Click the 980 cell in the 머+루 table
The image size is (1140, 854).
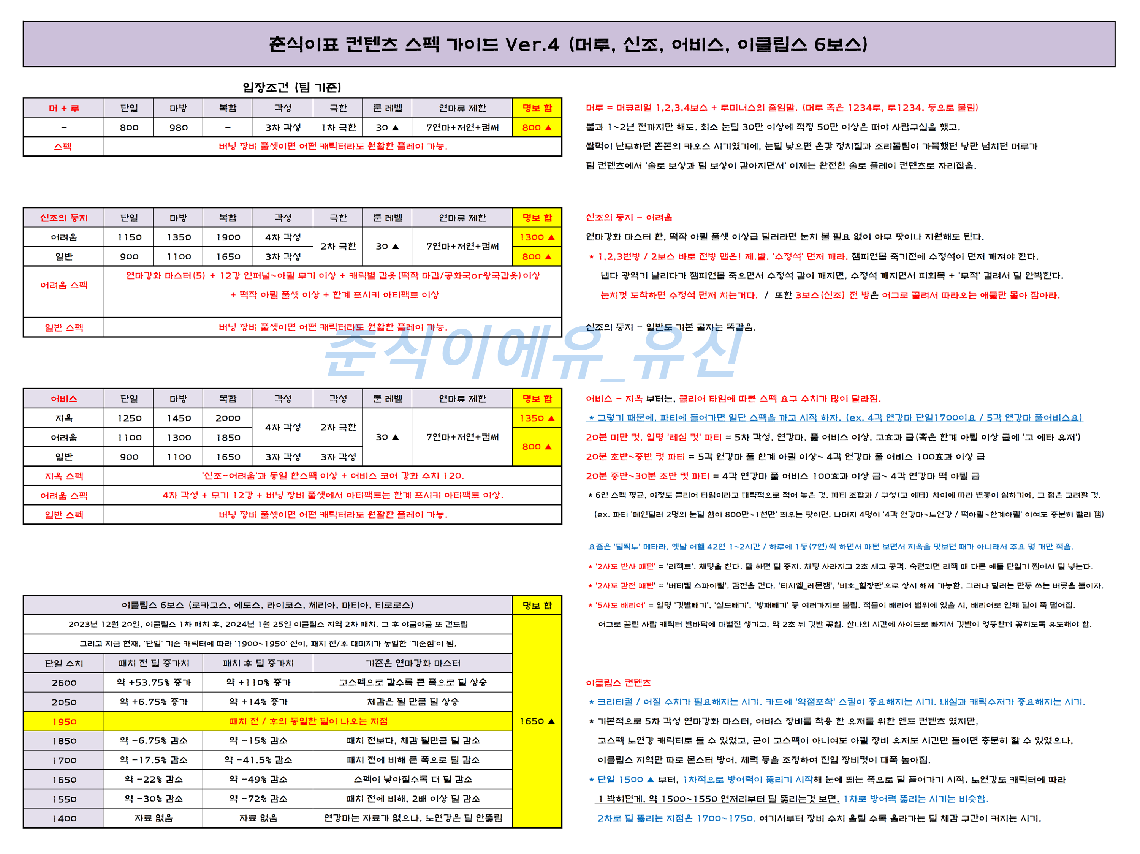[x=178, y=127]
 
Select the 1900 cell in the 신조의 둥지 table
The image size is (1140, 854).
[x=228, y=237]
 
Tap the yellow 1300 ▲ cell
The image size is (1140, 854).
[x=537, y=237]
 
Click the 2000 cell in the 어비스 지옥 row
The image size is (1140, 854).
[x=228, y=418]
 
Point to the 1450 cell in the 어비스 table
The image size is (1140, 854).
[x=178, y=418]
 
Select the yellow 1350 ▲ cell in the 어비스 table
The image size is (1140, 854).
[x=537, y=418]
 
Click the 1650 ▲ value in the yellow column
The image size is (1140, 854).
[x=537, y=721]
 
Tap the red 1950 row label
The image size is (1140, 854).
[x=64, y=721]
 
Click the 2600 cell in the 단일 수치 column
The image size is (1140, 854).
[x=64, y=683]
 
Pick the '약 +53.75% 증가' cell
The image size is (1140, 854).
[x=154, y=683]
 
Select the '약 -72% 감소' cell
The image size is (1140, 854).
[x=258, y=799]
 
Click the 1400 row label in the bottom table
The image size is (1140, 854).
[x=64, y=818]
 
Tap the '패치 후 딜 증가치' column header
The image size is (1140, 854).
[x=258, y=663]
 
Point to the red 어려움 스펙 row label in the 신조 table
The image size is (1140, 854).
[x=64, y=285]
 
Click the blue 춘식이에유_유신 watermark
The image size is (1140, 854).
[x=531, y=353]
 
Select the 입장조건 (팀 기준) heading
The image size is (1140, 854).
[x=292, y=87]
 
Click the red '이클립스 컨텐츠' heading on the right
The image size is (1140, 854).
[x=618, y=683]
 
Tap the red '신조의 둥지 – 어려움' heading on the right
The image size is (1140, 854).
[x=629, y=217]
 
